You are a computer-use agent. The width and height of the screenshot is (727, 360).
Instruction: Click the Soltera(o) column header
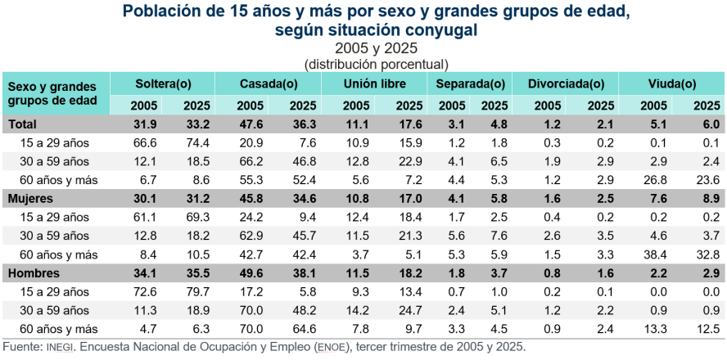[x=163, y=84]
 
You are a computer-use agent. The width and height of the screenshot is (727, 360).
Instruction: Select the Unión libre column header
[x=374, y=84]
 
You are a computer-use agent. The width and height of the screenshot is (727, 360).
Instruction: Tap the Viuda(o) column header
[x=672, y=84]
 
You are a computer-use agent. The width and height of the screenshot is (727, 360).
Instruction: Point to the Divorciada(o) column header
[x=566, y=84]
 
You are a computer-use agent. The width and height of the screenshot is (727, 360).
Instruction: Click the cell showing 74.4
[x=196, y=142]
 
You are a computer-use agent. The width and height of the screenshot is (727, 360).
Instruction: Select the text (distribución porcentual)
[x=376, y=64]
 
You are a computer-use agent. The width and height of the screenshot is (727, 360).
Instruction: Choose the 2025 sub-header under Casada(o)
[x=303, y=105]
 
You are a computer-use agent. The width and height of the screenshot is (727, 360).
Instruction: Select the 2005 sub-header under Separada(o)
[x=452, y=105]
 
